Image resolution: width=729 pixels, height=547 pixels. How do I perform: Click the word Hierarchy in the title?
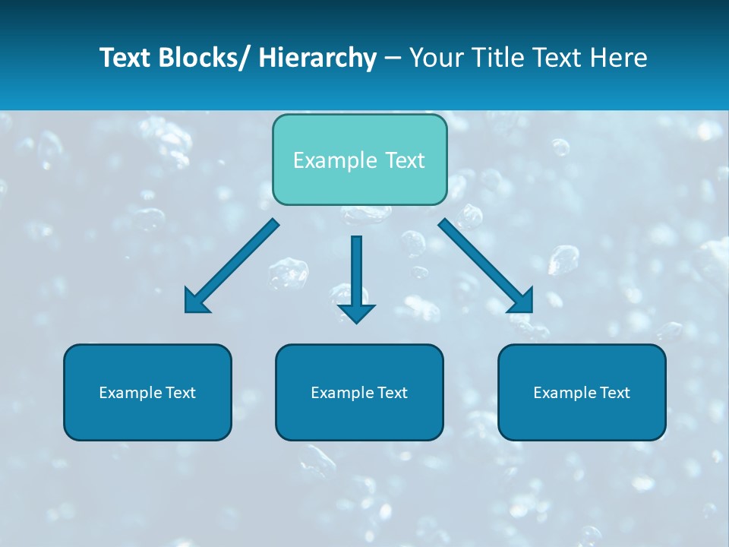(x=318, y=58)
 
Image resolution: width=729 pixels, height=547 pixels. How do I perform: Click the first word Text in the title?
(x=125, y=58)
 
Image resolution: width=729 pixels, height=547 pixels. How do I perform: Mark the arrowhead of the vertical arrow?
(x=356, y=313)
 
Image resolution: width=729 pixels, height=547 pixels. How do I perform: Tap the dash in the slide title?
(x=393, y=58)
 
